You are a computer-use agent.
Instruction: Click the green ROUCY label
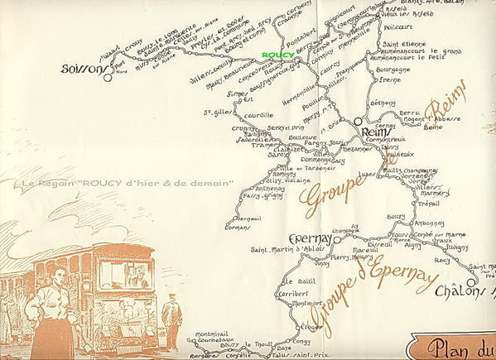click(x=277, y=55)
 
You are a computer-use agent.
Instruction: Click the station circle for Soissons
click(x=108, y=70)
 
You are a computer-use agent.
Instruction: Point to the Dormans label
click(x=238, y=226)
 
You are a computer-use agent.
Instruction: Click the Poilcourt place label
click(x=401, y=26)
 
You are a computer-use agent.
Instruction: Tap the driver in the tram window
click(x=137, y=278)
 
